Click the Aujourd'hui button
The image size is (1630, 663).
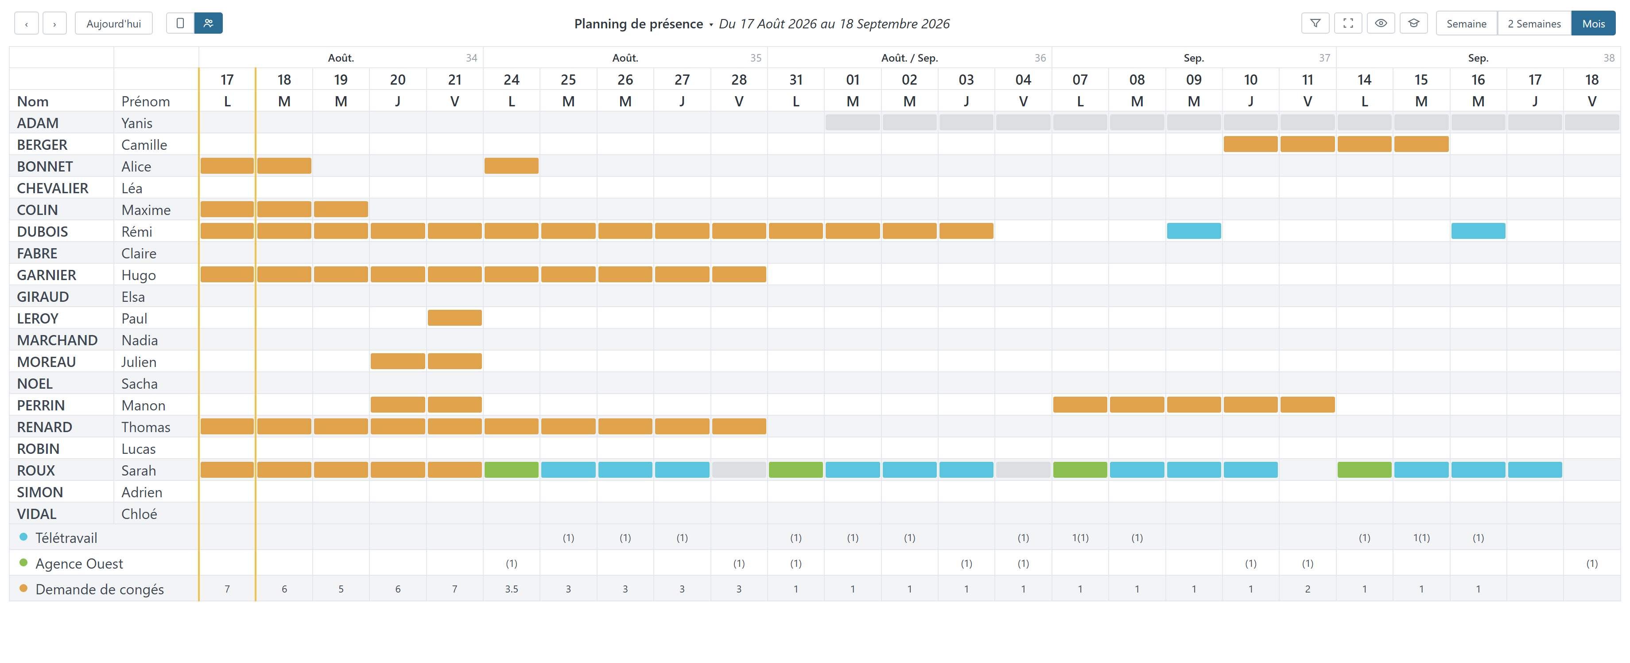[x=113, y=23]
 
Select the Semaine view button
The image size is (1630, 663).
[x=1466, y=23]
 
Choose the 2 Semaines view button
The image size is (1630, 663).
[x=1534, y=23]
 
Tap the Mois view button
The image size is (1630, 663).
[x=1593, y=23]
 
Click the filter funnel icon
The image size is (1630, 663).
[x=1315, y=23]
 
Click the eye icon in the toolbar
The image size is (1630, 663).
[x=1381, y=23]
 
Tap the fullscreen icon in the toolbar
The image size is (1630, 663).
[x=1348, y=23]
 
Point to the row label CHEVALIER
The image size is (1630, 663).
[x=53, y=188]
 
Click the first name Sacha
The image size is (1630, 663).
[x=139, y=384]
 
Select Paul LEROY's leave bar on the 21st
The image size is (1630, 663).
[x=454, y=318]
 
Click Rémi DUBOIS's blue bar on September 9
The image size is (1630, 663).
[x=1193, y=231]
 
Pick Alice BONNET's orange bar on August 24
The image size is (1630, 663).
[x=511, y=166]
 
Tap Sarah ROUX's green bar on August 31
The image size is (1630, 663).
[x=796, y=470]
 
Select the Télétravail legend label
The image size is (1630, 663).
[x=66, y=538]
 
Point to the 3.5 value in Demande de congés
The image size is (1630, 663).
[x=511, y=589]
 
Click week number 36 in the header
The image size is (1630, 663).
[x=1040, y=58]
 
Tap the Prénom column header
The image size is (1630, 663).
[x=146, y=101]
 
